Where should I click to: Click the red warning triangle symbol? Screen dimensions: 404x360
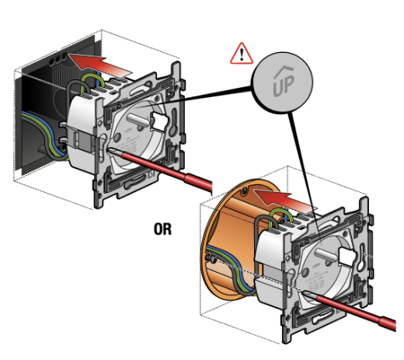point(242,54)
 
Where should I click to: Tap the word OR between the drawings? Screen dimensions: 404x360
point(162,229)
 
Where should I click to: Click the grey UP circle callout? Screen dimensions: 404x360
point(283,82)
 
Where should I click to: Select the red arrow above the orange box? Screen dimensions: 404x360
point(285,201)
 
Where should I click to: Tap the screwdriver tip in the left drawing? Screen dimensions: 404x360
point(110,150)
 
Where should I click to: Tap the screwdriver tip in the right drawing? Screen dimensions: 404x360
point(305,293)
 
